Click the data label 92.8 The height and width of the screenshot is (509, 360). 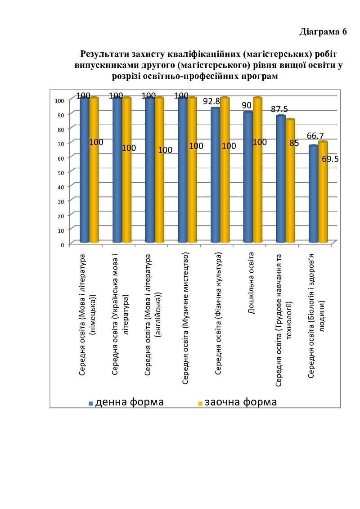coord(212,101)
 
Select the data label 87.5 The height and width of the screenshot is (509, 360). coord(279,109)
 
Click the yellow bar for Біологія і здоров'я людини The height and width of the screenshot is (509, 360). coord(322,194)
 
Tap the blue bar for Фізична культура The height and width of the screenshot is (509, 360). coord(215,176)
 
